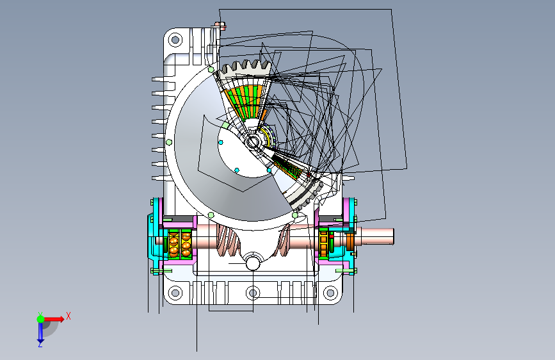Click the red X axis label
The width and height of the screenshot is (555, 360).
[x=68, y=316]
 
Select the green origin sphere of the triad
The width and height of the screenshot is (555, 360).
[x=41, y=319]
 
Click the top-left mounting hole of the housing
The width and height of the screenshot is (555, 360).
[x=175, y=39]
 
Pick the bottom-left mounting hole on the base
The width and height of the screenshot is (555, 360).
[x=175, y=293]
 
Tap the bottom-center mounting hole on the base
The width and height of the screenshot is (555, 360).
[x=253, y=293]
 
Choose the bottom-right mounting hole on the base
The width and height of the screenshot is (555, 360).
[x=330, y=293]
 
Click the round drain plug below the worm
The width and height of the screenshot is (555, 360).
[x=253, y=262]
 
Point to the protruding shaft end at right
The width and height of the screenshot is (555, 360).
[x=377, y=236]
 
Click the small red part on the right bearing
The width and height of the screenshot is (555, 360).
[x=332, y=236]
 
